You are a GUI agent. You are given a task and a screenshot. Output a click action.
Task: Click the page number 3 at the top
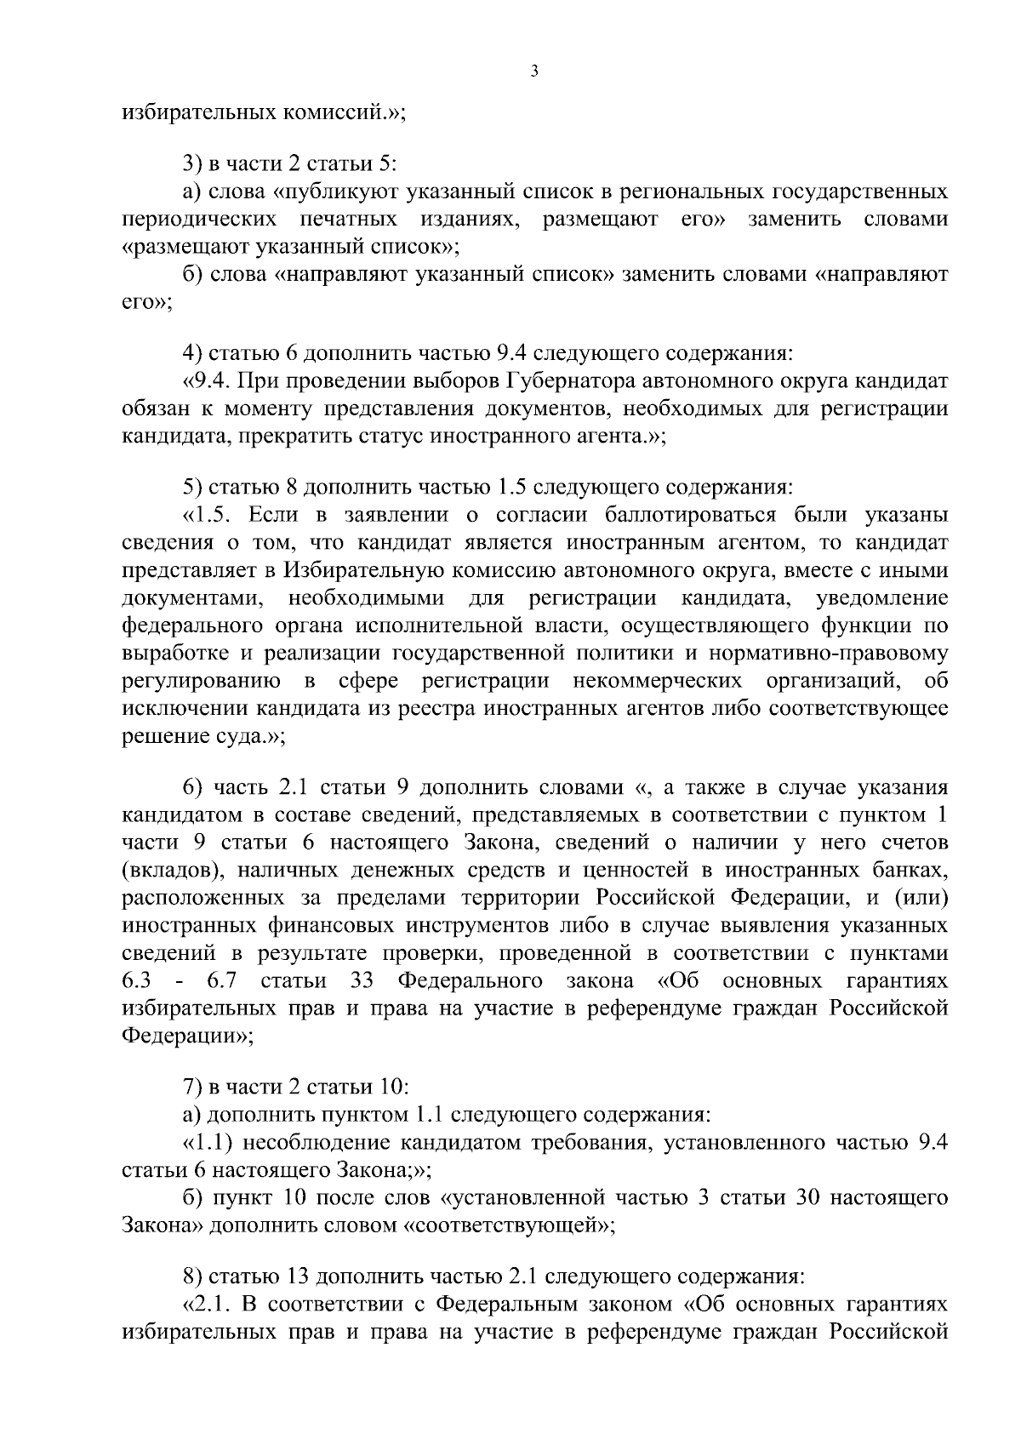[x=533, y=71]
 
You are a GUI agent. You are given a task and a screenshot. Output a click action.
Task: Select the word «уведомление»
[x=881, y=598]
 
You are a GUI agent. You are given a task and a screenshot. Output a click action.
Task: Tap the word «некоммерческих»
[x=659, y=682]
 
